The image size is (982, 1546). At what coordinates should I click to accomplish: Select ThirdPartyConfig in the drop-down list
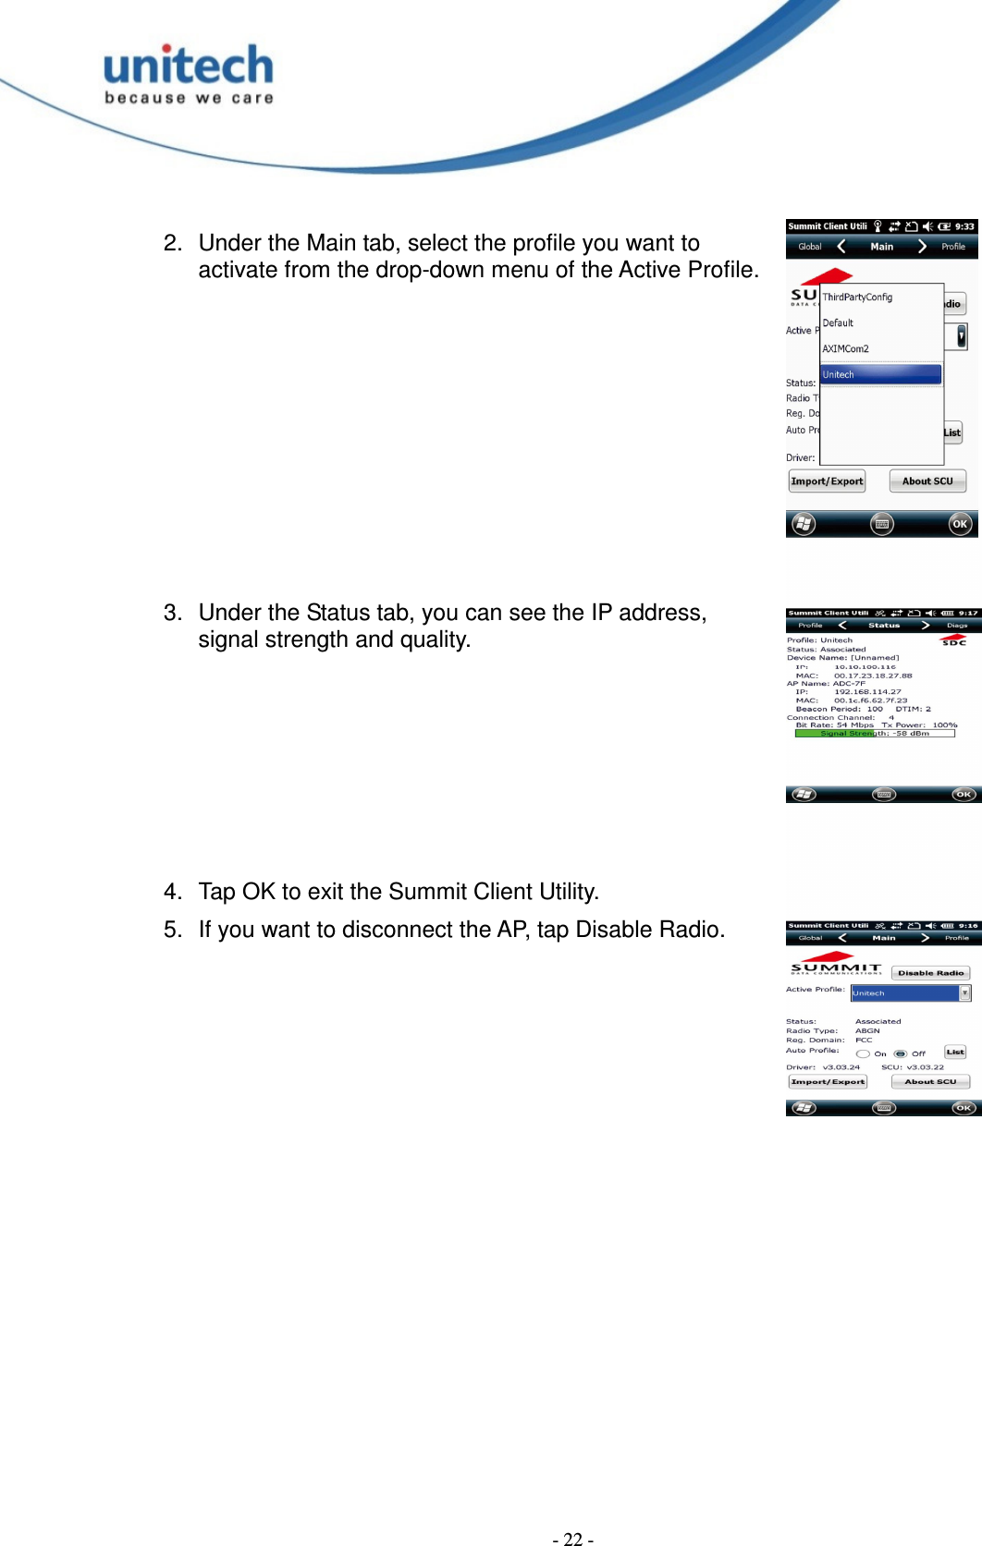(857, 298)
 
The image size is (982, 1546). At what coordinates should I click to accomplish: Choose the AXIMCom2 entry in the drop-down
(845, 349)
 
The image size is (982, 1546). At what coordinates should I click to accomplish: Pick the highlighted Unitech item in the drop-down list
(879, 374)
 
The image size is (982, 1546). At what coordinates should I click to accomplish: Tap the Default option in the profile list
(838, 323)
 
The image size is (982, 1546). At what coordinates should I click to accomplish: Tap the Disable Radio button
(930, 973)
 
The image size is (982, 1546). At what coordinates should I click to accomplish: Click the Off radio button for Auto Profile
(901, 1053)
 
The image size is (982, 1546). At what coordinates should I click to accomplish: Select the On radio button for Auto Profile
(863, 1053)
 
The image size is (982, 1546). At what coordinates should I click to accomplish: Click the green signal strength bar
(834, 734)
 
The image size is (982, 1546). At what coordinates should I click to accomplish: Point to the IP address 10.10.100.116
(865, 666)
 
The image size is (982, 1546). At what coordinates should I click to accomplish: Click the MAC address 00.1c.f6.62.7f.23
(870, 700)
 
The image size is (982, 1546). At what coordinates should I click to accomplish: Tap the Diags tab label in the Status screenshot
(957, 626)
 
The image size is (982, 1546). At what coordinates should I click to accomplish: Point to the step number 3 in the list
(171, 613)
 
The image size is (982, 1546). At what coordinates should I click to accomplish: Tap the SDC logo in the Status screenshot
(953, 640)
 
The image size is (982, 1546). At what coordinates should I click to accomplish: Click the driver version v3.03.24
(841, 1067)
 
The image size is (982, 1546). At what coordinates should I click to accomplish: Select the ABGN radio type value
(867, 1030)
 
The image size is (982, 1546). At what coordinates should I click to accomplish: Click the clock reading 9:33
(964, 226)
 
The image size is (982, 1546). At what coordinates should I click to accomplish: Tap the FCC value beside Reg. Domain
(864, 1040)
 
